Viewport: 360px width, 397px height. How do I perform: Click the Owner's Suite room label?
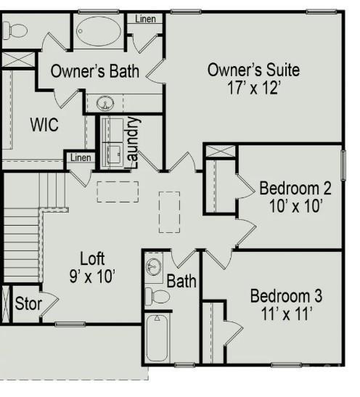click(253, 70)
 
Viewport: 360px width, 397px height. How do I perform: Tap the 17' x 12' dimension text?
click(254, 88)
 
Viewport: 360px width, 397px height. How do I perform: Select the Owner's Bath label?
click(95, 71)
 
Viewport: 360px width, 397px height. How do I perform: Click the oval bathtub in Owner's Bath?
click(99, 31)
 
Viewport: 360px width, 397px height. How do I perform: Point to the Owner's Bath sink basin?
click(105, 103)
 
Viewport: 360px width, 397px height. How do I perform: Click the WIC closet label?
click(44, 125)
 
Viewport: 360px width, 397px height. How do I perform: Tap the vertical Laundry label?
click(132, 142)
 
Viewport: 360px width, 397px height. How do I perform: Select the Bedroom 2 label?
click(295, 189)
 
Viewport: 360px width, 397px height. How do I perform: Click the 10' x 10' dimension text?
click(295, 206)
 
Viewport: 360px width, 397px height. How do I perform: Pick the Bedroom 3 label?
click(286, 295)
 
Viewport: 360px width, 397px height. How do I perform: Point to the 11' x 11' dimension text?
click(286, 314)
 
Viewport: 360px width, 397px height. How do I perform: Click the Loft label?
click(92, 258)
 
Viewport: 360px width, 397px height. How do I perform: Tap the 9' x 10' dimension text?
click(92, 276)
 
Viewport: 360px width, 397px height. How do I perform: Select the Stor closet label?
click(28, 303)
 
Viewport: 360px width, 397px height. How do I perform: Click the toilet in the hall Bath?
click(157, 296)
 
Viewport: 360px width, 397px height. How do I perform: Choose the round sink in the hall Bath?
click(154, 267)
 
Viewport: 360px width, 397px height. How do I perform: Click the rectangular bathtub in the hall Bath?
click(157, 337)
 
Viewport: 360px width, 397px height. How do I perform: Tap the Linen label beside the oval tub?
click(145, 19)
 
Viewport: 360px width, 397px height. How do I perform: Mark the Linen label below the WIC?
click(81, 157)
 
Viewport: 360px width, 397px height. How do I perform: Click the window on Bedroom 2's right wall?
click(343, 165)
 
